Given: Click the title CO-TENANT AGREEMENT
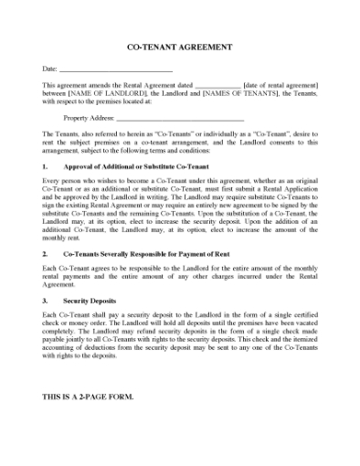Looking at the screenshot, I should tap(179, 47).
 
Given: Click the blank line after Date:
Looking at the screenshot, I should tap(116, 69).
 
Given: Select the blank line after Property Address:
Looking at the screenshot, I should tap(181, 118).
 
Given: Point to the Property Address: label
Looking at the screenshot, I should tap(89, 118).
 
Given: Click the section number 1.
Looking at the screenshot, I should tap(46, 168).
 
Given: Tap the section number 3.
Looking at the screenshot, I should tap(46, 300).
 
